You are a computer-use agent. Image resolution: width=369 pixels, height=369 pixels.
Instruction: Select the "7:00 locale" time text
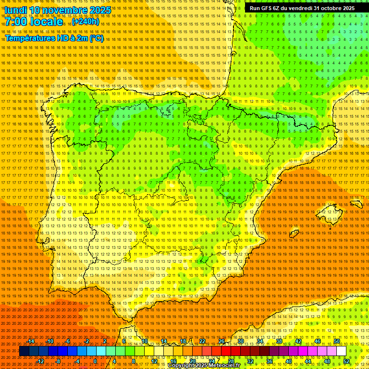pyautogui.click(x=34, y=22)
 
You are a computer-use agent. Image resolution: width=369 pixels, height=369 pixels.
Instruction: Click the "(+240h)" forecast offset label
pyautogui.click(x=86, y=22)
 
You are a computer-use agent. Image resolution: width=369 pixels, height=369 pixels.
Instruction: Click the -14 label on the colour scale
pyautogui.click(x=31, y=341)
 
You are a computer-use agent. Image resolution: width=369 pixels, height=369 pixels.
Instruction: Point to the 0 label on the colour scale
pyautogui.click(x=95, y=361)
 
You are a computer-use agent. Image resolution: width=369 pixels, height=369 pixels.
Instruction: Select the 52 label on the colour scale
pyautogui.click(x=346, y=361)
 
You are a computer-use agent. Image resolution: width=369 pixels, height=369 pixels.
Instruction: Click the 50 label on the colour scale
pyautogui.click(x=337, y=341)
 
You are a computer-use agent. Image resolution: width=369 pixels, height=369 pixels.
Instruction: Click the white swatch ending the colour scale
pyautogui.click(x=342, y=351)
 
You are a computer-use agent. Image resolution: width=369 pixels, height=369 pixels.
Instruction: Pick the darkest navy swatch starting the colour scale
pyautogui.click(x=24, y=351)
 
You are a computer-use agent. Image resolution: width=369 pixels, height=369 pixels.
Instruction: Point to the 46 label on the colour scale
pyautogui.click(x=318, y=341)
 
